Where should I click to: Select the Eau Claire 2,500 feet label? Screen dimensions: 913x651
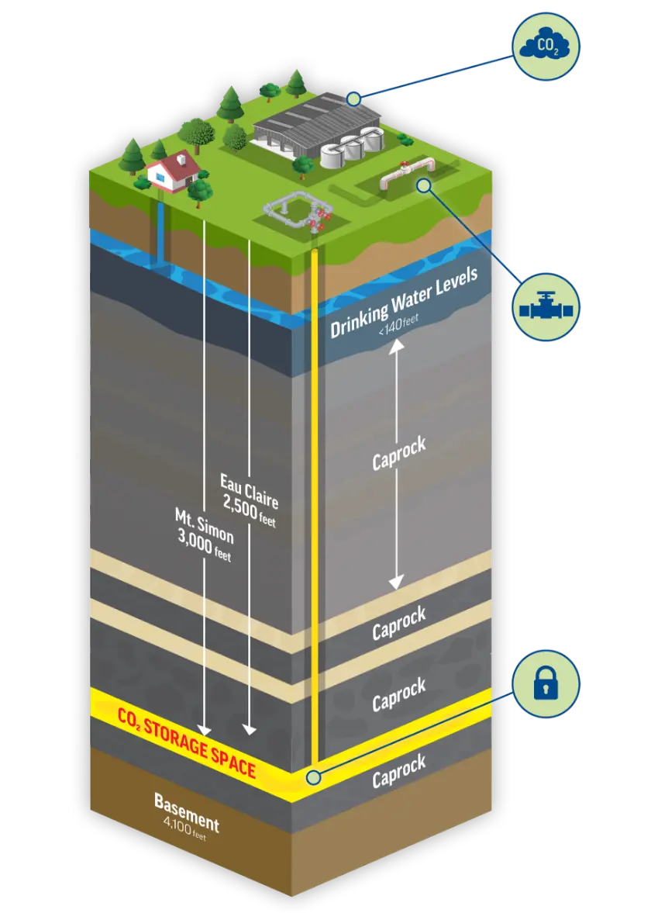(249, 500)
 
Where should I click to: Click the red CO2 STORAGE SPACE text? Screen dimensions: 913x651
(187, 740)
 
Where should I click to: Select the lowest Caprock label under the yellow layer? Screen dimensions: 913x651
(398, 772)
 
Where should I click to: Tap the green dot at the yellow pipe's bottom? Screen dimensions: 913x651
(313, 776)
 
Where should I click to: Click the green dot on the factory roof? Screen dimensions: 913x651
(353, 99)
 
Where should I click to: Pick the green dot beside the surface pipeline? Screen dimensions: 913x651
(422, 185)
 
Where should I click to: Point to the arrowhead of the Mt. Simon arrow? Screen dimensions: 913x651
(204, 730)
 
